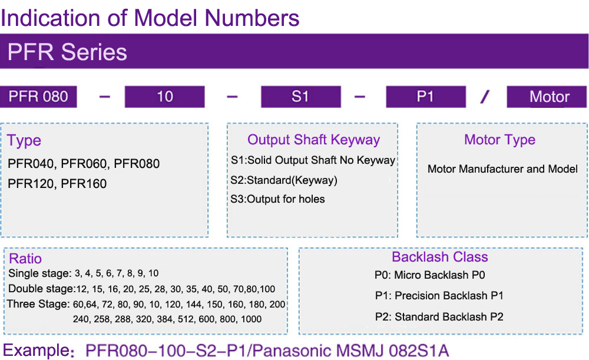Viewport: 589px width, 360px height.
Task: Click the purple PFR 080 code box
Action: (x=38, y=97)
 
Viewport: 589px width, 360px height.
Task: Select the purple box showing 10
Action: (x=164, y=97)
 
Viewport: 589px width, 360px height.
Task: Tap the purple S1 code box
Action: (x=301, y=97)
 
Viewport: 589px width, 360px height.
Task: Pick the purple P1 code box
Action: (x=426, y=97)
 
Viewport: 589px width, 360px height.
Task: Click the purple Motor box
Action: (x=547, y=97)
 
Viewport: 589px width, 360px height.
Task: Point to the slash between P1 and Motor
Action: (x=485, y=97)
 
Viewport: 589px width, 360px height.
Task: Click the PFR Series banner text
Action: (x=67, y=52)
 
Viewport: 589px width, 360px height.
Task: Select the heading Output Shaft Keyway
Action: (x=314, y=140)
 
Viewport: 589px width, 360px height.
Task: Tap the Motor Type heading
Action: (x=499, y=140)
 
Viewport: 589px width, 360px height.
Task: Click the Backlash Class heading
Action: (x=440, y=257)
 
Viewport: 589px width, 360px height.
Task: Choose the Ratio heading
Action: (x=25, y=259)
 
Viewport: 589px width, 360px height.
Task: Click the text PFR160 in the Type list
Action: (x=84, y=184)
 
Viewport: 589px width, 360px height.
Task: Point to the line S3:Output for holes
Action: (x=277, y=199)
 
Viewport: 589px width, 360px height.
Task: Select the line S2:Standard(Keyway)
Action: (x=284, y=180)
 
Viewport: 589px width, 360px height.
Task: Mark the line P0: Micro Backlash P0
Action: (x=430, y=275)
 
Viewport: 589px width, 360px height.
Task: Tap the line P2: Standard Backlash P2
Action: (x=439, y=317)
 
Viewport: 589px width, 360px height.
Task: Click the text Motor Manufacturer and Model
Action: (x=502, y=169)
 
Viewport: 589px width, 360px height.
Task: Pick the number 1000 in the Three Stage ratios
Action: (x=251, y=319)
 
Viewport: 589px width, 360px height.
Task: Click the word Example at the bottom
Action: (x=37, y=350)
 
